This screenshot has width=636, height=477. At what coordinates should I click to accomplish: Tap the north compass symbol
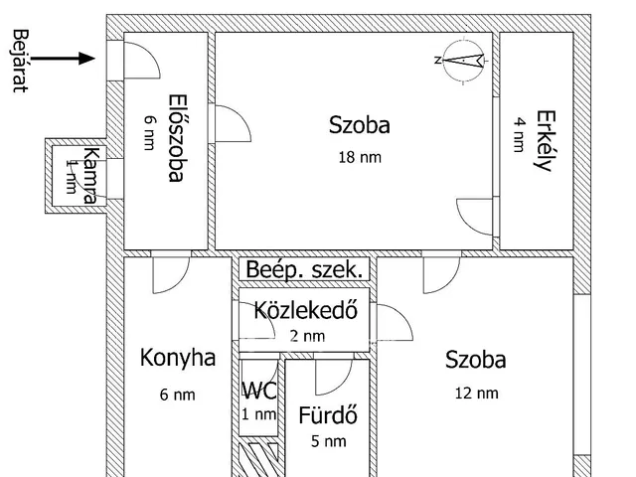click(x=460, y=60)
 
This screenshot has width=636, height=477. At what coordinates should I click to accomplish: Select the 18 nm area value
click(x=359, y=156)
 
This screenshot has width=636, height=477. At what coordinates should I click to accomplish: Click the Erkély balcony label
click(x=543, y=139)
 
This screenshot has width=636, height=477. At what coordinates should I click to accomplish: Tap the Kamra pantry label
click(x=89, y=175)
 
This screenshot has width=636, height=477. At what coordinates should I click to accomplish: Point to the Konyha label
click(x=178, y=358)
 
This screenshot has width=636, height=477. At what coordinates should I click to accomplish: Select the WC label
click(x=258, y=391)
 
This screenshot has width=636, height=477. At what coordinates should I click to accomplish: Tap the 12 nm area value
click(x=476, y=393)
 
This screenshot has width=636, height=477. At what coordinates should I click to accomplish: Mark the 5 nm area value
click(x=328, y=441)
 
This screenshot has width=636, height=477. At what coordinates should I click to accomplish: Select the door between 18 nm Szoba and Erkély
click(x=475, y=215)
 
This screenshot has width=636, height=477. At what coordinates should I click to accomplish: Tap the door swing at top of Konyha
click(x=172, y=274)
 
